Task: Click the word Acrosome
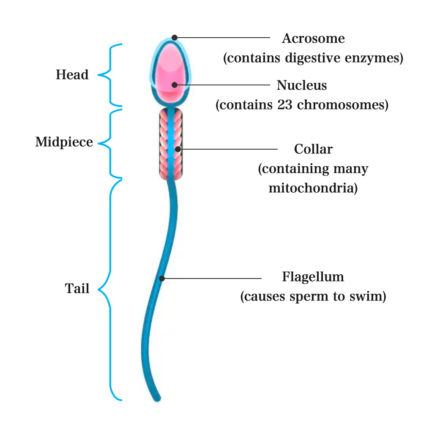[313, 39]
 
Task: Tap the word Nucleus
[302, 85]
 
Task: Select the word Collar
[313, 149]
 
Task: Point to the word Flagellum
[313, 277]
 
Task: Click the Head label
[72, 75]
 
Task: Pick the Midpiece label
[64, 142]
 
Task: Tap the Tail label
[77, 289]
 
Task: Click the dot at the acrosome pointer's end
[175, 38]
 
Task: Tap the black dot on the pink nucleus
[175, 85]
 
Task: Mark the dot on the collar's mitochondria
[178, 149]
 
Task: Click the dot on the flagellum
[162, 278]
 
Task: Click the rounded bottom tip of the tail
[158, 398]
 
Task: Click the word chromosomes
[342, 105]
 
